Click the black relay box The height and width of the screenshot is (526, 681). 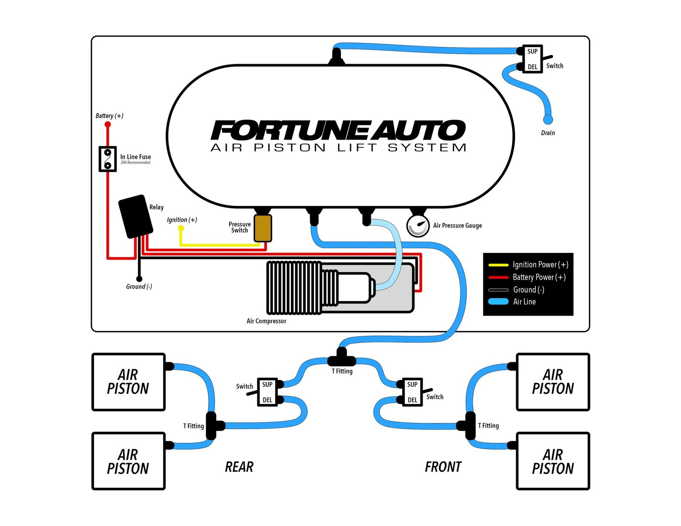(x=135, y=216)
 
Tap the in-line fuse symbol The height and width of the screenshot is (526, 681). (x=107, y=159)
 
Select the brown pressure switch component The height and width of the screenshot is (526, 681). (x=262, y=228)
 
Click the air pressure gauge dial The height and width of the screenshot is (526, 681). (x=417, y=226)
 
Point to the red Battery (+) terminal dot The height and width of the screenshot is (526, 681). (x=107, y=125)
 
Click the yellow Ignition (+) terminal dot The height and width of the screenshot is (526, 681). (x=181, y=228)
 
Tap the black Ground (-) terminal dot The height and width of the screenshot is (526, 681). (x=139, y=279)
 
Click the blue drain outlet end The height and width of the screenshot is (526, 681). (x=548, y=120)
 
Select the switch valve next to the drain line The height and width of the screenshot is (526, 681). (x=532, y=59)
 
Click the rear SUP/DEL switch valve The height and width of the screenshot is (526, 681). (x=267, y=392)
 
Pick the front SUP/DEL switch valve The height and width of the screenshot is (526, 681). (x=412, y=392)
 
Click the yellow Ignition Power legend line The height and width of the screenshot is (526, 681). (x=498, y=265)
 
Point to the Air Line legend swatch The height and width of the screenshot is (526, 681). (x=498, y=301)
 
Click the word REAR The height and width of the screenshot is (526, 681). (x=239, y=467)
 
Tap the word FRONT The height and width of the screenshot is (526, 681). (x=443, y=467)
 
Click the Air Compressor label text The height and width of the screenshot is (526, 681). (x=266, y=321)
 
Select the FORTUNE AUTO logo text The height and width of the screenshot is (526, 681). (x=338, y=130)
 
